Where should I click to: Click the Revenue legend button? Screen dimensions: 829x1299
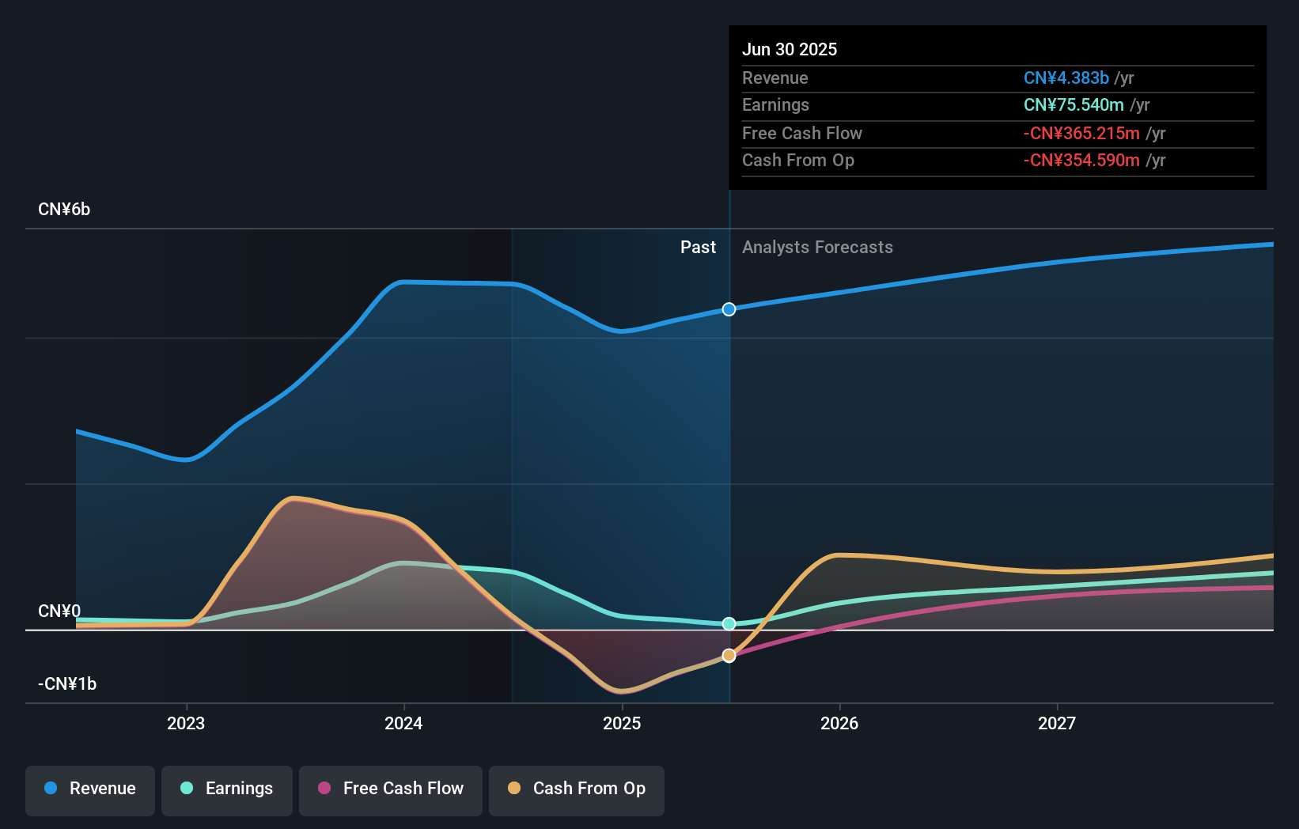[x=90, y=789]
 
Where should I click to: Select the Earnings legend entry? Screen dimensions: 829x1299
[x=227, y=789]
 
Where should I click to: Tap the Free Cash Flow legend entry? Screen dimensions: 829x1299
[x=391, y=789]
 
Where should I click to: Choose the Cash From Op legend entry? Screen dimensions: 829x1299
[x=577, y=789]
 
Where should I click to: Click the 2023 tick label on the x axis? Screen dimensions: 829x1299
[x=186, y=723]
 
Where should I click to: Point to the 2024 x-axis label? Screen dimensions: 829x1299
[x=403, y=723]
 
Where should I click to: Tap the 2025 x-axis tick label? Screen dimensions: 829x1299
[x=622, y=723]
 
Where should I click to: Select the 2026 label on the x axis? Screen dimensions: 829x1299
[x=839, y=723]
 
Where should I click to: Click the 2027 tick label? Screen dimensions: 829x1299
[x=1057, y=723]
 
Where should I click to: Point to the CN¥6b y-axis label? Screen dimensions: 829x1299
[x=64, y=210]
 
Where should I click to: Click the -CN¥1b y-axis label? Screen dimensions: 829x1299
[x=67, y=683]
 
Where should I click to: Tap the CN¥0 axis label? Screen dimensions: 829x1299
[x=59, y=611]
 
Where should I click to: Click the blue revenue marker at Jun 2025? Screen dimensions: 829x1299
[x=729, y=309]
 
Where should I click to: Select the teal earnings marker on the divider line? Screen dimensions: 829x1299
[x=729, y=624]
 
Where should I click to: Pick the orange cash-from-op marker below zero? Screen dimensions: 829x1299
[x=729, y=656]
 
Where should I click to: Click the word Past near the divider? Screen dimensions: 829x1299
[x=698, y=248]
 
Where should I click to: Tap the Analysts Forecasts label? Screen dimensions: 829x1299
[x=817, y=248]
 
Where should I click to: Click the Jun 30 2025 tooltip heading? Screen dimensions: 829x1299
[x=790, y=49]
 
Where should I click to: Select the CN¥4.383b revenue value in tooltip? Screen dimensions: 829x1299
[x=1066, y=78]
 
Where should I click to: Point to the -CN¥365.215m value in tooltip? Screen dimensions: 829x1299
[x=1081, y=133]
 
